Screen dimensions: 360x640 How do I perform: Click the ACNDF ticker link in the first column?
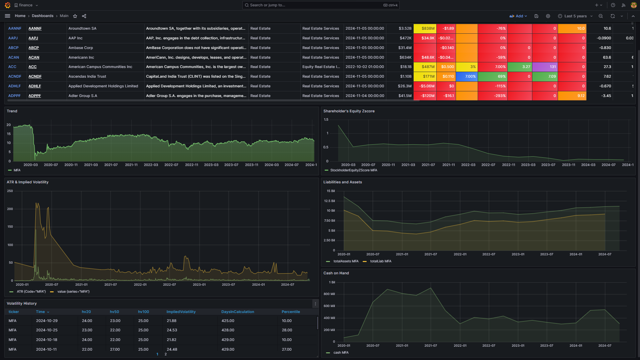click(x=15, y=76)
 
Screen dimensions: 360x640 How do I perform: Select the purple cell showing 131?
click(x=545, y=67)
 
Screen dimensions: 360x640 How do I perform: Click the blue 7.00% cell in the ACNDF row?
click(x=466, y=76)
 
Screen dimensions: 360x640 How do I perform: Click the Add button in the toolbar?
click(x=518, y=16)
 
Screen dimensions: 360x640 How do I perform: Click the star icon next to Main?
click(x=75, y=16)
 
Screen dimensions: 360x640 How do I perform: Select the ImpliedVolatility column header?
click(x=181, y=312)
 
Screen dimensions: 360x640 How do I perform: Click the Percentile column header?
click(x=291, y=312)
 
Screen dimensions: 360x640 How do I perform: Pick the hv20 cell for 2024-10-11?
click(x=87, y=349)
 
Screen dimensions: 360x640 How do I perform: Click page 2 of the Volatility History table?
click(x=166, y=354)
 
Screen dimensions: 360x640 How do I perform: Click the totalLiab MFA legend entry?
click(x=380, y=261)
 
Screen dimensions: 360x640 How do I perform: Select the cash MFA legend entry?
click(x=341, y=353)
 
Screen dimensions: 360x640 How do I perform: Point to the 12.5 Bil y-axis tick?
click(x=329, y=201)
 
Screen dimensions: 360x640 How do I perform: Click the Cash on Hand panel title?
click(x=336, y=273)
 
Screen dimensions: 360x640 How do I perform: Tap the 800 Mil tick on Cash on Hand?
click(x=329, y=294)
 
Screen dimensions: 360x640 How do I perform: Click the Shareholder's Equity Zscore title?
click(x=349, y=111)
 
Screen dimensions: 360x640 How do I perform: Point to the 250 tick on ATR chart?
click(x=10, y=191)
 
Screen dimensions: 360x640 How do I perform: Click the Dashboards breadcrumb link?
click(x=42, y=16)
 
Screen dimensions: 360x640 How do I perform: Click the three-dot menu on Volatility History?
click(x=315, y=304)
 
